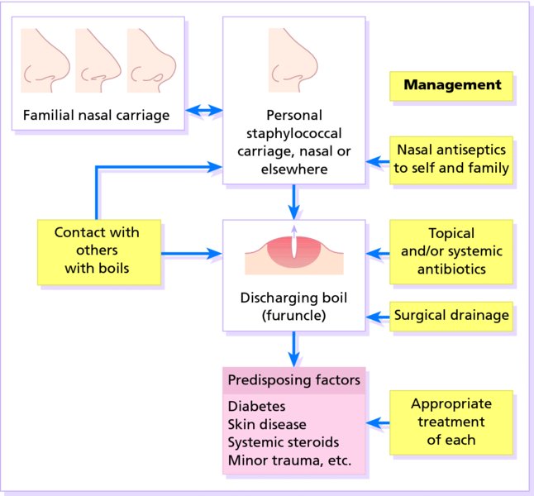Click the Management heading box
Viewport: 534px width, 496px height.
pos(451,85)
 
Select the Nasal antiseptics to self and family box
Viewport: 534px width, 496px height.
pos(451,160)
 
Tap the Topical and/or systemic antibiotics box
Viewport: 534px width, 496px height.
pos(451,250)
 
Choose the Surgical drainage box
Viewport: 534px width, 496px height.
pos(451,315)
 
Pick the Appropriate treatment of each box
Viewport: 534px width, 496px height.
pos(451,422)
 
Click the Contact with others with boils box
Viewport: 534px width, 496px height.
pos(97,250)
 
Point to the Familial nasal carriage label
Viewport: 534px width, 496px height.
pos(98,116)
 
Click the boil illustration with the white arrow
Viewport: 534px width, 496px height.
pos(294,251)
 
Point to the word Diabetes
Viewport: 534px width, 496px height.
pos(256,407)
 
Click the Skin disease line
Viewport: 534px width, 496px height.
pos(267,424)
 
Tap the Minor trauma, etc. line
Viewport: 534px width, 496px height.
pos(289,460)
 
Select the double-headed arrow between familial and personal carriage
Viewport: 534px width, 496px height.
pos(204,109)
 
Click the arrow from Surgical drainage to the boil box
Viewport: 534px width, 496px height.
pos(378,315)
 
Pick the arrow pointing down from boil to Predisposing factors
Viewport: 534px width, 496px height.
pos(294,348)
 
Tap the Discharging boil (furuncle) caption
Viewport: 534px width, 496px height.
pos(294,306)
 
